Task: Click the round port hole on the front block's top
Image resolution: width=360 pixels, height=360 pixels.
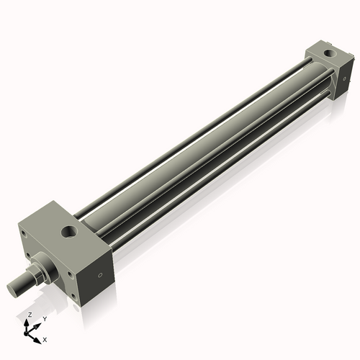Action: (x=70, y=231)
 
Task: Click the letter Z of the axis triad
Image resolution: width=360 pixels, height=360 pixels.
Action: (x=30, y=315)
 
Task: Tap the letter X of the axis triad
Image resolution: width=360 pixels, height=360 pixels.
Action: (x=45, y=338)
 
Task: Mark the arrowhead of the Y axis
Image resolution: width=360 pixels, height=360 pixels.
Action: (x=37, y=325)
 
